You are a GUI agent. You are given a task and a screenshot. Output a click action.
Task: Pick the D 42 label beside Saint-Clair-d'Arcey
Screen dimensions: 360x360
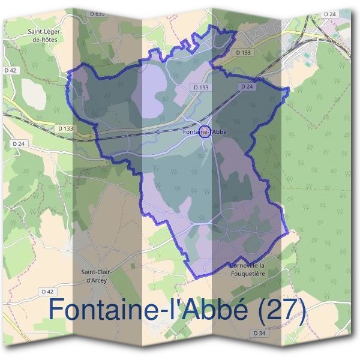(48, 291)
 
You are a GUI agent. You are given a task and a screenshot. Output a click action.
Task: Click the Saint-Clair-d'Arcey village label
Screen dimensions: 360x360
(97, 275)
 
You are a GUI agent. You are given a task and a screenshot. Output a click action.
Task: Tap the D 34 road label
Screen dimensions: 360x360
(259, 333)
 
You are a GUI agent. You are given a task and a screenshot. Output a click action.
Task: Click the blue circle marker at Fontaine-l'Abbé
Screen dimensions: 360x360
(204, 132)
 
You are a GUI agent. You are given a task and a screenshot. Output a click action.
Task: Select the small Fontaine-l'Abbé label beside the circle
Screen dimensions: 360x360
(205, 131)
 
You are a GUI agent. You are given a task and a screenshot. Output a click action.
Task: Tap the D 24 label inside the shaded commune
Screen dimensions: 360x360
(247, 87)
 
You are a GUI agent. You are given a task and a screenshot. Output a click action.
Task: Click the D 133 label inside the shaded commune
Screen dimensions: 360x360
(202, 87)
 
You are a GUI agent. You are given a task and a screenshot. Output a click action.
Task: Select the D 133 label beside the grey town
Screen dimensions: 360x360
(245, 53)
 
